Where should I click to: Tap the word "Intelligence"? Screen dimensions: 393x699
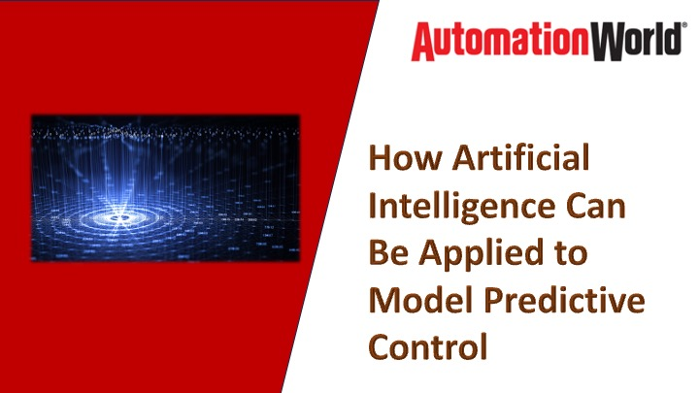pos(453,206)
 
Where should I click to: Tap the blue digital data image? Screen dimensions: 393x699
pos(165,188)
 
